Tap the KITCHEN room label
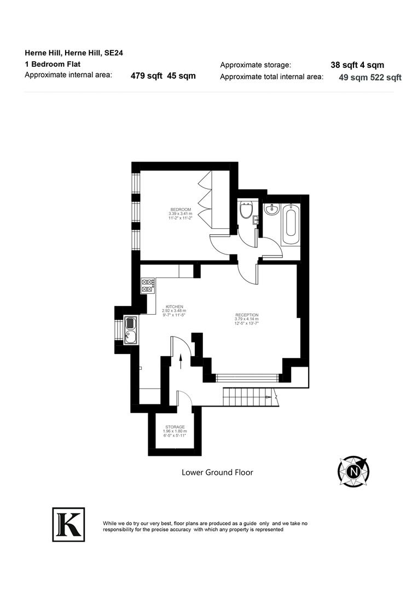[175, 307]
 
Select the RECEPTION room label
[247, 315]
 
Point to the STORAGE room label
[175, 427]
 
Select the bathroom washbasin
[271, 210]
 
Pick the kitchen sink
[131, 330]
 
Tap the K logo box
[68, 524]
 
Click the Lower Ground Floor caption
[217, 472]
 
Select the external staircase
[247, 394]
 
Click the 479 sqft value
[146, 76]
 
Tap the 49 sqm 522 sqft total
[370, 78]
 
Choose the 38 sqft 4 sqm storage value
[357, 65]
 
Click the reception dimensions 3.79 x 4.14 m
[247, 319]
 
